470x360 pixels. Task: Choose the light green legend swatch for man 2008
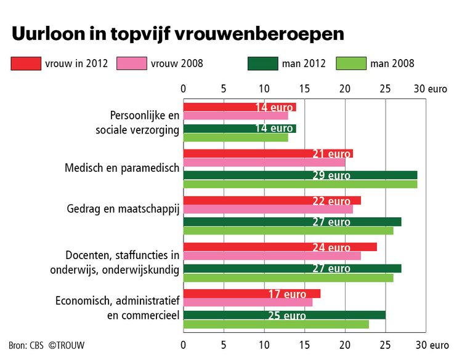[351, 63]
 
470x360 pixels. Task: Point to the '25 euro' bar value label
[286, 316]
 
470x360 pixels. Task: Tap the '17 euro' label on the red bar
[286, 294]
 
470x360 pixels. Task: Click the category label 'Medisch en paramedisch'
[122, 167]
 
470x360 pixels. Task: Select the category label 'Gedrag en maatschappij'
[123, 209]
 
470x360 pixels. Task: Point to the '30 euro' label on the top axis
[430, 89]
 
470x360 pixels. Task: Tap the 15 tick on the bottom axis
[305, 345]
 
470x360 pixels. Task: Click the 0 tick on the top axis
[184, 89]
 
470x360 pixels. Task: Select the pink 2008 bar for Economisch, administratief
[248, 302]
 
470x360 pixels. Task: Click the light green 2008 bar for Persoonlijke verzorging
[235, 137]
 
